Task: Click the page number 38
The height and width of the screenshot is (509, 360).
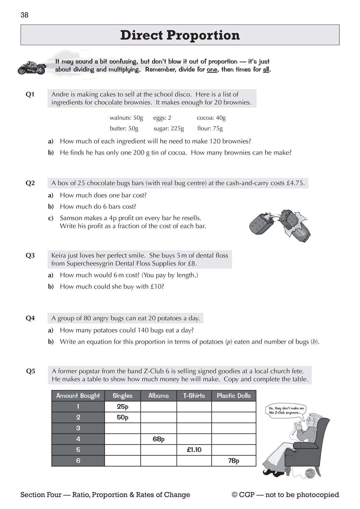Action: tap(25, 15)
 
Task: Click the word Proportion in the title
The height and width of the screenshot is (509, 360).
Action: tap(203, 35)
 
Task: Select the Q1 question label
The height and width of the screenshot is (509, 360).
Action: tap(30, 94)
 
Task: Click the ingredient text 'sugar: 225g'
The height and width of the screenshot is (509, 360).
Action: tap(169, 129)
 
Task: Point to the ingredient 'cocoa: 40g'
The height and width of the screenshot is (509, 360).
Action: tap(211, 118)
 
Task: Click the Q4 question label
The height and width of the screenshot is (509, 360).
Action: tap(30, 318)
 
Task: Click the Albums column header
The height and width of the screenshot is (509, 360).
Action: tap(158, 396)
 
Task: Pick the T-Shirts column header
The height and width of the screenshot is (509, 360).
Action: tap(194, 396)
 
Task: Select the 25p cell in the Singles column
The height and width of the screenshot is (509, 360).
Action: tap(122, 407)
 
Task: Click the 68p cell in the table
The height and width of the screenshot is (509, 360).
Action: tap(158, 439)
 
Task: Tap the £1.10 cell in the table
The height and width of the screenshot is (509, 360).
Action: tap(194, 450)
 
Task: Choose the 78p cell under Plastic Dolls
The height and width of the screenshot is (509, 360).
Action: tap(234, 461)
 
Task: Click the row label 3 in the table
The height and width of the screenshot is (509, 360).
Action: tap(78, 428)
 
